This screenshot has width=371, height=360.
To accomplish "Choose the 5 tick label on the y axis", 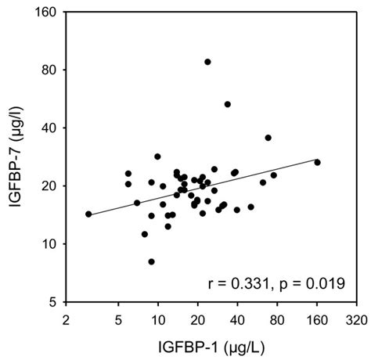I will (x=56, y=301).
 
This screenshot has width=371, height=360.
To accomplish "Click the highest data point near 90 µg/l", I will (x=207, y=62).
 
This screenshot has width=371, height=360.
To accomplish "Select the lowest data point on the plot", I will (x=151, y=261).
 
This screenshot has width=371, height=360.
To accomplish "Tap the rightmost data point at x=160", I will (x=317, y=162).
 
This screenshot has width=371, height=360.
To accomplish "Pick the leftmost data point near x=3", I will (x=88, y=214).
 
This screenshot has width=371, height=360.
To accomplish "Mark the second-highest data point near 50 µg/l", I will (x=228, y=104).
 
